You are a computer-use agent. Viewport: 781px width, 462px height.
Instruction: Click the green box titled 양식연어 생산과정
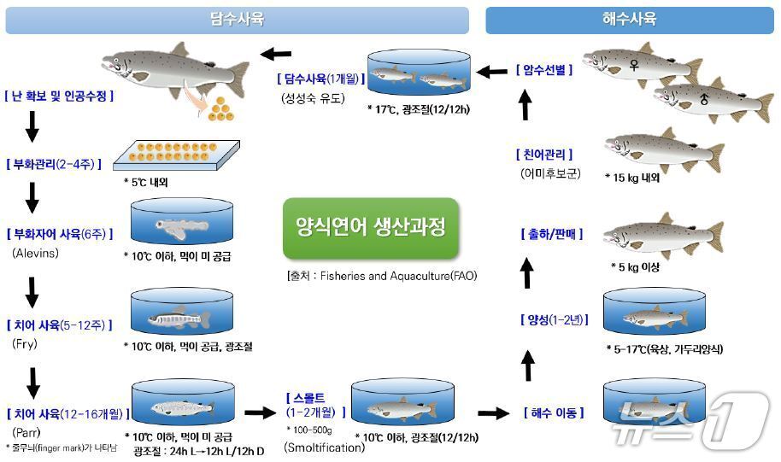(x=370, y=229)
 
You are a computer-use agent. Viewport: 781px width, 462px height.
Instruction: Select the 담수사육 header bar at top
(x=237, y=20)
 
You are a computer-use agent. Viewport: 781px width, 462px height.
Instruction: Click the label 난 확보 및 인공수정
(x=59, y=96)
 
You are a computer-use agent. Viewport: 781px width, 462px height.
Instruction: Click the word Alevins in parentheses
(x=35, y=253)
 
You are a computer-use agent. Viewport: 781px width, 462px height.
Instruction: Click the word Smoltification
(x=324, y=447)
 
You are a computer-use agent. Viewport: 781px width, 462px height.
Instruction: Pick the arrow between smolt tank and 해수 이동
(x=493, y=413)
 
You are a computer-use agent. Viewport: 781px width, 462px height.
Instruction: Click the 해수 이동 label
(x=553, y=413)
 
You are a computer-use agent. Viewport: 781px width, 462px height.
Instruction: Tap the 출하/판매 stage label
(x=551, y=233)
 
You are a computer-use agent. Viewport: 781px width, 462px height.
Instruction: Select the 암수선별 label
(x=543, y=70)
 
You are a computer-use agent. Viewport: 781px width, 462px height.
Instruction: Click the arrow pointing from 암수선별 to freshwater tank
(x=492, y=71)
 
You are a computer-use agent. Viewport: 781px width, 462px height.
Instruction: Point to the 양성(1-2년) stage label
(x=551, y=319)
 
